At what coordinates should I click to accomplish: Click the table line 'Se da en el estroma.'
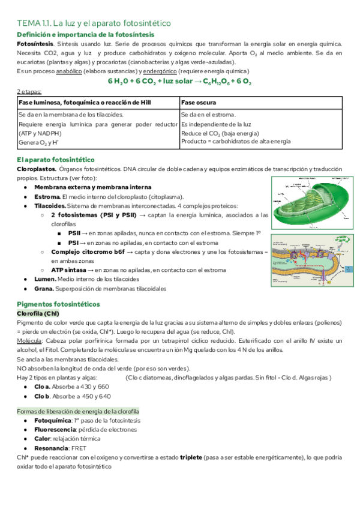click(x=208, y=114)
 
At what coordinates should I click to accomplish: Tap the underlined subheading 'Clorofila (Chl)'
click(x=38, y=313)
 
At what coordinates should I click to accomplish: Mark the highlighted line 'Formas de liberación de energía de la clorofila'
click(x=78, y=411)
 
